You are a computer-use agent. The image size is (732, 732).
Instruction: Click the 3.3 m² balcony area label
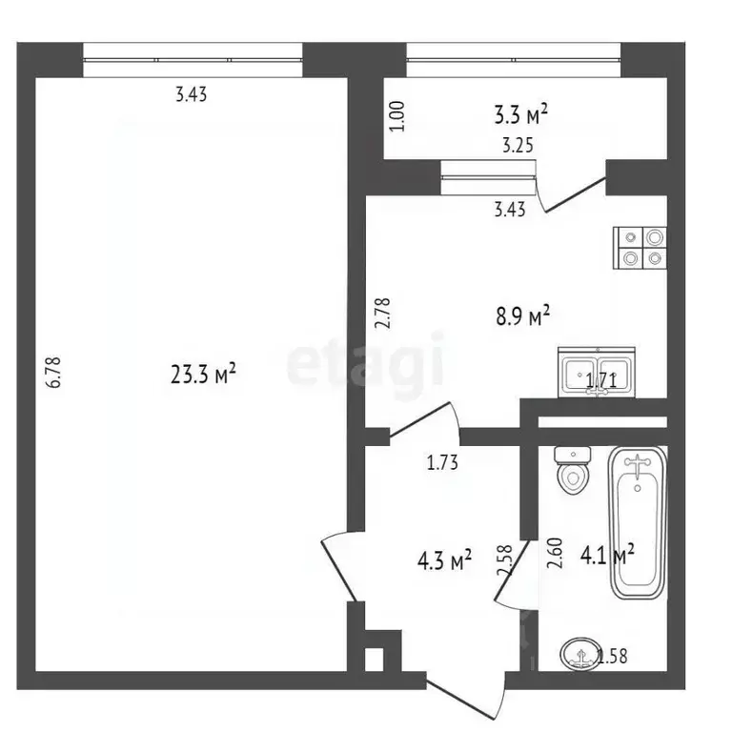click(520, 115)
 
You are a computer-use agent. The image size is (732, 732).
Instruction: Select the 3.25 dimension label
click(518, 150)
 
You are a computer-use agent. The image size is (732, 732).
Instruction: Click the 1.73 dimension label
click(441, 465)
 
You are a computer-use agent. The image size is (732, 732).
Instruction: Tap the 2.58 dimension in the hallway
click(504, 560)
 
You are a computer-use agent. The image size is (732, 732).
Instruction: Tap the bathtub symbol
click(634, 522)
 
